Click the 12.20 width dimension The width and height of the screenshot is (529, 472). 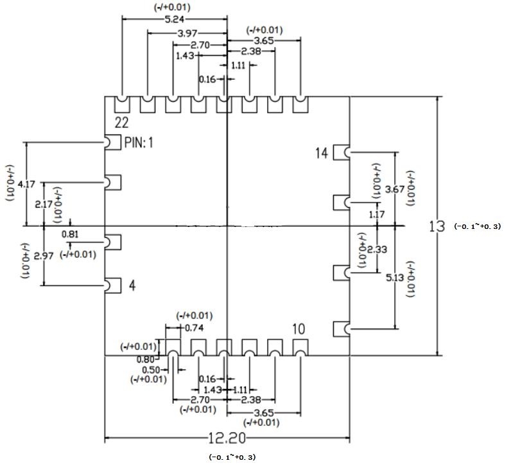click(x=227, y=439)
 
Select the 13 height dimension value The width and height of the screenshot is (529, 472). click(x=437, y=226)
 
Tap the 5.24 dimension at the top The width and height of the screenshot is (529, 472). click(x=175, y=19)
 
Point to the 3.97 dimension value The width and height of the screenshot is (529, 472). click(x=187, y=33)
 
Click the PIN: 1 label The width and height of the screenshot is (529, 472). click(x=139, y=142)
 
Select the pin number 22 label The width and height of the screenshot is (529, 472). click(x=121, y=123)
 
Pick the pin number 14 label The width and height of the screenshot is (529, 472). click(x=321, y=153)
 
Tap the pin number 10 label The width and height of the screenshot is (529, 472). click(x=299, y=329)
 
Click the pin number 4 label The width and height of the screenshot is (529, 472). click(x=132, y=286)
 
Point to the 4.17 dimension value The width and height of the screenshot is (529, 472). click(x=26, y=185)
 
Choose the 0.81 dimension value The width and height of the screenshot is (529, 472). click(x=70, y=234)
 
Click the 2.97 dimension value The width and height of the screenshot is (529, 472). click(x=44, y=256)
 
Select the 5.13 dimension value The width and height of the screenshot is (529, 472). click(x=395, y=278)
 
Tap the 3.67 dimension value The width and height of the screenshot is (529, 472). click(x=395, y=189)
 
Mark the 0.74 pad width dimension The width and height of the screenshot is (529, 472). click(x=194, y=328)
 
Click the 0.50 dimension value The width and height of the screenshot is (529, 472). click(x=151, y=370)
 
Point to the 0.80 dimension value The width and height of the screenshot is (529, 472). click(x=145, y=359)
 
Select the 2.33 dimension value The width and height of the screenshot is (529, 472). click(x=377, y=250)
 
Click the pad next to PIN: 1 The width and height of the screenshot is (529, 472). click(x=112, y=142)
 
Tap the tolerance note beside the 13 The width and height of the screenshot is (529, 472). click(x=478, y=226)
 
